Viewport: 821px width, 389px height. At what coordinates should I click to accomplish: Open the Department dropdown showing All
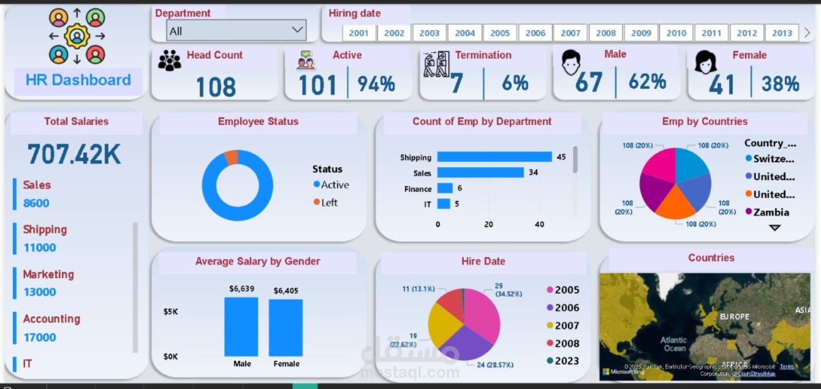(236, 30)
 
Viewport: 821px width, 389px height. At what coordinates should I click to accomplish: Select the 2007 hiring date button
(570, 33)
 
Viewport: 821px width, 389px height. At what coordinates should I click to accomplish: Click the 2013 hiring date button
(782, 33)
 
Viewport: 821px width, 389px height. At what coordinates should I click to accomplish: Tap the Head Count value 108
(216, 86)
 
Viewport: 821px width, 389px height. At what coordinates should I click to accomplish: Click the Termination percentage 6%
(515, 83)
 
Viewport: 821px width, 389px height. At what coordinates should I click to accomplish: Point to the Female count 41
(721, 84)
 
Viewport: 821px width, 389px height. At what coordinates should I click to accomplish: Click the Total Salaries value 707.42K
(74, 154)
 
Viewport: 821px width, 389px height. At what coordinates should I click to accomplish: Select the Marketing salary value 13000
(40, 292)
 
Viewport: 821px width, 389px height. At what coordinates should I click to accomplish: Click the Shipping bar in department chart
(494, 157)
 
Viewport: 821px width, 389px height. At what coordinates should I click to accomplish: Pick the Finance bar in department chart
(445, 189)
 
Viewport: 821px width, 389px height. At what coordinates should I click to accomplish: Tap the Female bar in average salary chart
(286, 327)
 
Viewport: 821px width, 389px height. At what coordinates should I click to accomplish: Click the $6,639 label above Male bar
(241, 289)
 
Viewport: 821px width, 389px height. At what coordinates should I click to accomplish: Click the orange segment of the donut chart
(230, 157)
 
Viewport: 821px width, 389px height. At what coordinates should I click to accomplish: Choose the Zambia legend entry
(770, 212)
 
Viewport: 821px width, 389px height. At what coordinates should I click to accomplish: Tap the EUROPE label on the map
(734, 317)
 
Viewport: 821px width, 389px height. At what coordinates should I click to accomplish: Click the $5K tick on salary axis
(170, 311)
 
